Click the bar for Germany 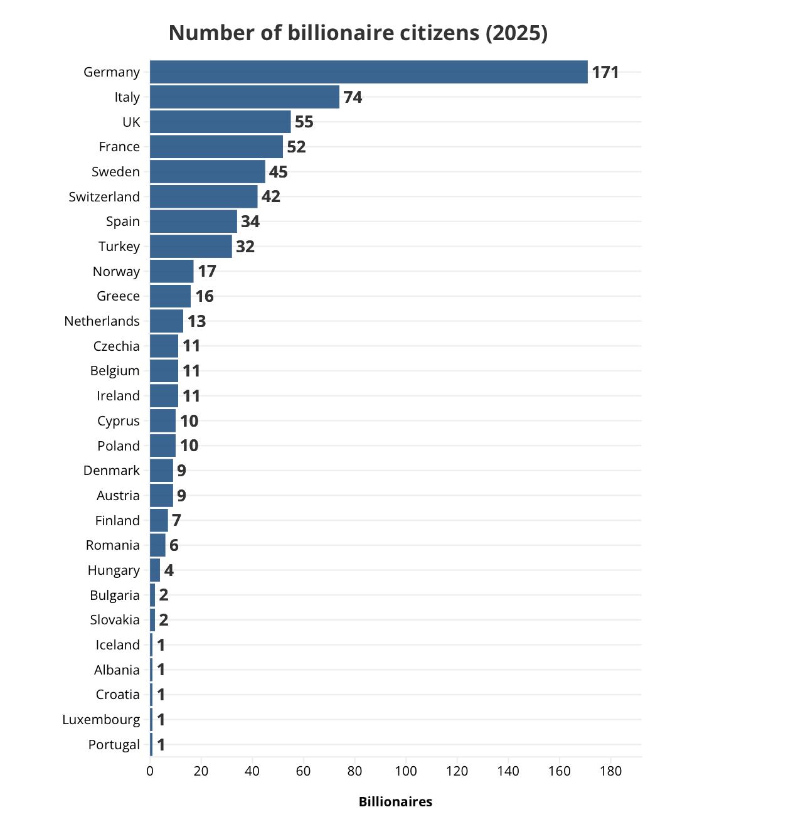click(x=368, y=72)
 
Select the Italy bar click(x=245, y=97)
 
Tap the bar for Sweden click(x=207, y=171)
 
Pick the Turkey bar click(x=191, y=246)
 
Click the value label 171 click(x=605, y=72)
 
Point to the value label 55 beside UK click(x=304, y=122)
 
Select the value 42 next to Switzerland click(x=270, y=196)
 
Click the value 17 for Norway click(x=207, y=271)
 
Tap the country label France click(x=119, y=147)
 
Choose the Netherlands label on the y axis click(x=102, y=321)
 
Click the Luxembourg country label click(x=101, y=720)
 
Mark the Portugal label click(x=114, y=745)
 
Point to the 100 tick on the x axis click(x=406, y=771)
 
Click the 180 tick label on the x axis click(x=610, y=771)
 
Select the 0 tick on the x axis click(x=150, y=771)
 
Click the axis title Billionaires click(x=395, y=802)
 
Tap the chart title click(x=358, y=33)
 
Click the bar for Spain click(x=193, y=222)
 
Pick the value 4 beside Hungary click(x=169, y=570)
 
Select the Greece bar click(x=170, y=296)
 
